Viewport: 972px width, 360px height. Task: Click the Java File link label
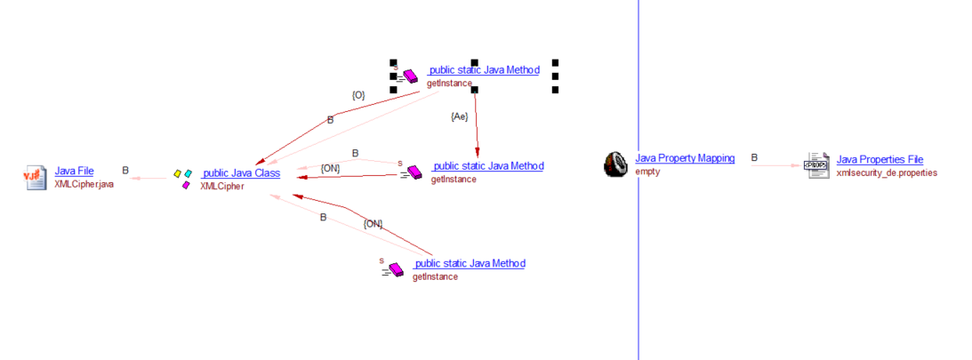(x=74, y=171)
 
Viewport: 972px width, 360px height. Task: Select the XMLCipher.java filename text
(x=84, y=182)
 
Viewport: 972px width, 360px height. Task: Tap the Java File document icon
(x=35, y=176)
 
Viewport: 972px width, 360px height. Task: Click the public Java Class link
(x=241, y=173)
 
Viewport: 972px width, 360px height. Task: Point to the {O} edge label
(x=357, y=94)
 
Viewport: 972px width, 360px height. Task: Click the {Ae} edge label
(x=460, y=116)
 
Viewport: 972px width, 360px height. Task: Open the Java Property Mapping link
(x=685, y=158)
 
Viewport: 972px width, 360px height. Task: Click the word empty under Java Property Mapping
(x=647, y=172)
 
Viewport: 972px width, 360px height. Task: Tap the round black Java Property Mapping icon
(x=615, y=164)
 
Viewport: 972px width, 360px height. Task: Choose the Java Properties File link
(x=880, y=160)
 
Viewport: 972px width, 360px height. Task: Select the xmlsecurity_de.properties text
(x=887, y=172)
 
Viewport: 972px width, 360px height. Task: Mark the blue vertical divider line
(x=639, y=267)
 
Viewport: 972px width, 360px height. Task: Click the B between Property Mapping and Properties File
(x=754, y=158)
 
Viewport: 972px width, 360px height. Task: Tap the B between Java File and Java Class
(x=125, y=170)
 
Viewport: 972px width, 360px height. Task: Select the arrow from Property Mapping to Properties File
(x=775, y=165)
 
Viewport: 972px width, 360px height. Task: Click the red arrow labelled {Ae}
(x=477, y=124)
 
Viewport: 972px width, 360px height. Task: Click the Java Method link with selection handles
(x=483, y=70)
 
